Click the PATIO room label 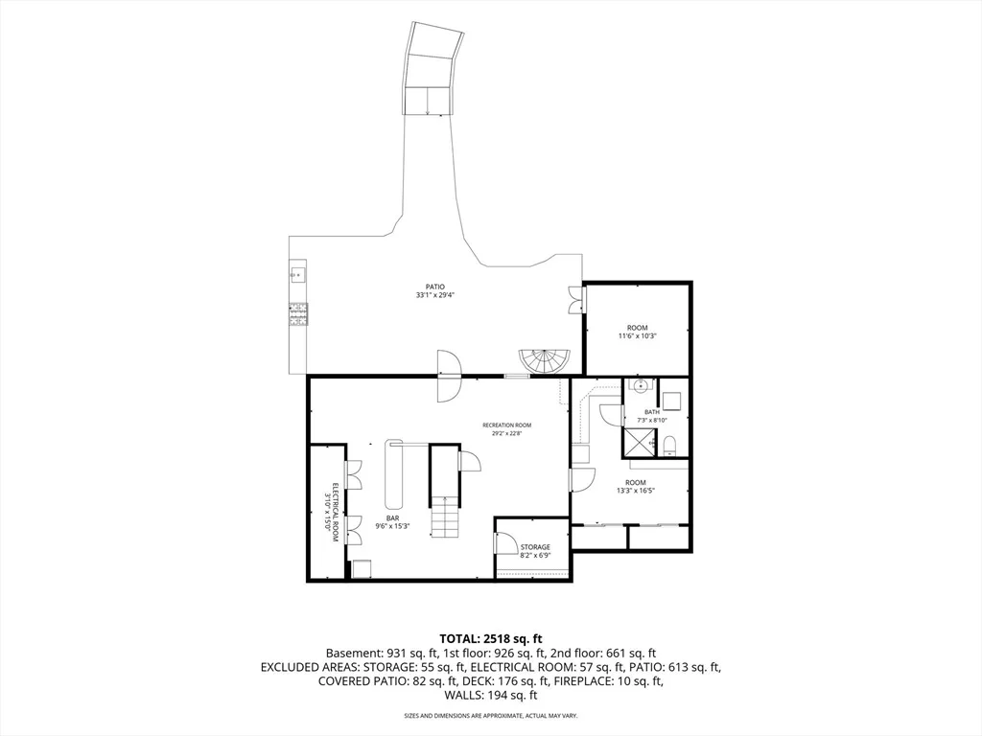434,287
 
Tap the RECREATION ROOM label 506,425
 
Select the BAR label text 392,518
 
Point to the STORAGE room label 535,547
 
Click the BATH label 652,412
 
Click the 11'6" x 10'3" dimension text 638,336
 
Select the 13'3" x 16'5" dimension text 636,491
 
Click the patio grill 298,314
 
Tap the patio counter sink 297,274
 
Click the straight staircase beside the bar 444,516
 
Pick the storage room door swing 503,542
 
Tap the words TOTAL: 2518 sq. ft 490,639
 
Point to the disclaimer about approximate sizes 490,715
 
